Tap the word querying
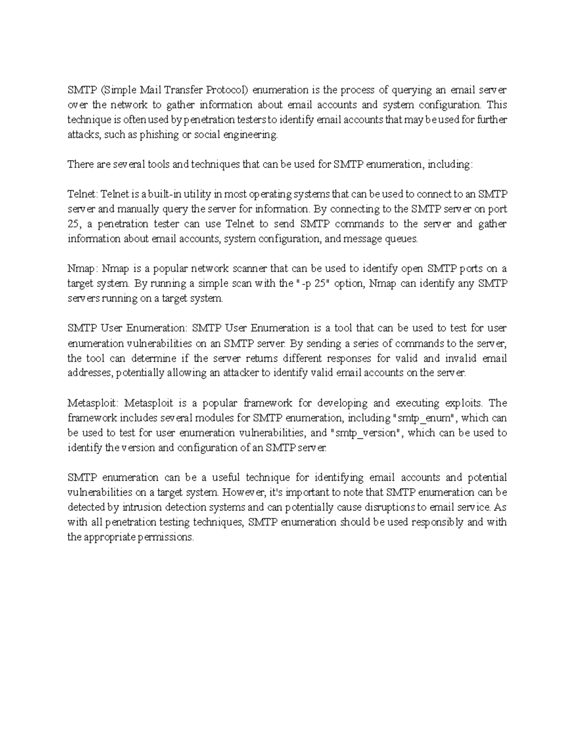tap(411, 90)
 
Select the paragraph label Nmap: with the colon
tap(82, 268)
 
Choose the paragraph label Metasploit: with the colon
tap(92, 402)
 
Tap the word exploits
tap(464, 402)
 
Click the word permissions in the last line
tap(166, 537)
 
